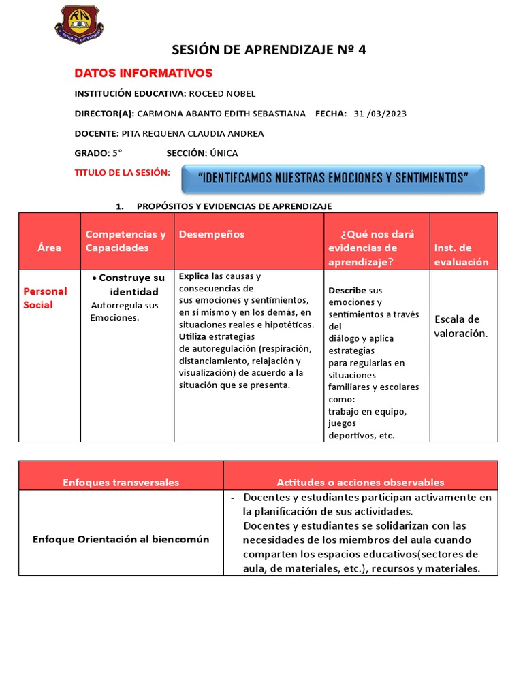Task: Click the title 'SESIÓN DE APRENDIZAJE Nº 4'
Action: pos(268,50)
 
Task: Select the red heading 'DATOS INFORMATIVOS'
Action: pos(143,73)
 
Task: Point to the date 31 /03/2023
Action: pos(380,114)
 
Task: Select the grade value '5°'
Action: pos(117,153)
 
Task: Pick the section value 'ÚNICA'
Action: pos(224,153)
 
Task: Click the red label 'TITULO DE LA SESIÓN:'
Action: pos(122,173)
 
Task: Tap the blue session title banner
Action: pos(332,178)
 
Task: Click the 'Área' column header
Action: pos(49,248)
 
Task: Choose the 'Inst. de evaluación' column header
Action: pos(461,255)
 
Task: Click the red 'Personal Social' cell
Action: pos(45,298)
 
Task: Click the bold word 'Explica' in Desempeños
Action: pos(194,276)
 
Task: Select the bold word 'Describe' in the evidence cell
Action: pos(347,290)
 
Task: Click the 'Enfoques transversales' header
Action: pos(121,482)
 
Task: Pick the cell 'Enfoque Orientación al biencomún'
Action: pos(121,539)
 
